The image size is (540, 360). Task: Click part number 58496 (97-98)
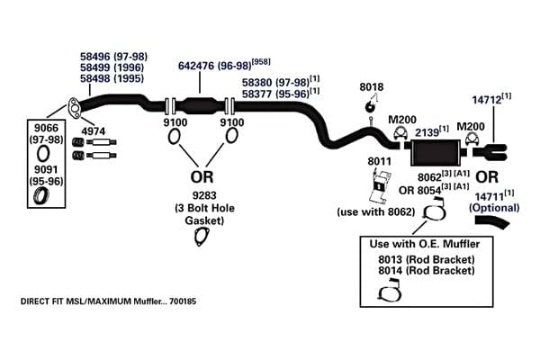click(x=113, y=56)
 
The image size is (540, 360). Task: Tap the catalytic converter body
click(x=200, y=106)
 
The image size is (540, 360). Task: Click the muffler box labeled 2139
click(x=436, y=153)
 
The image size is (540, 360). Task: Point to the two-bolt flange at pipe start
click(x=74, y=107)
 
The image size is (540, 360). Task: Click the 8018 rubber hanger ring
click(x=370, y=107)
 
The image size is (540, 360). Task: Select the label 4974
click(x=94, y=130)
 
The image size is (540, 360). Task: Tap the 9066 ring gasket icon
click(x=43, y=153)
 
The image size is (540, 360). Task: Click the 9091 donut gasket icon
click(x=41, y=195)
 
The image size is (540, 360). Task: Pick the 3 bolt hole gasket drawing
click(x=202, y=237)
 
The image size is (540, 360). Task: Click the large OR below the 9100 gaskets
click(x=202, y=176)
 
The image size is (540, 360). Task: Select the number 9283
click(x=204, y=195)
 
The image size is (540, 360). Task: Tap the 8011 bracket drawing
click(x=380, y=186)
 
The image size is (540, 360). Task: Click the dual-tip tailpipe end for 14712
click(x=490, y=152)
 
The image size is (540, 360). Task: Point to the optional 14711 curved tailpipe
click(x=492, y=221)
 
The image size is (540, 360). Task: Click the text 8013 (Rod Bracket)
click(x=427, y=259)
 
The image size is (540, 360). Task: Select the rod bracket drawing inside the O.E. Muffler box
click(x=391, y=291)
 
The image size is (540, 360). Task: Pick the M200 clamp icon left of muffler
click(x=400, y=134)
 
